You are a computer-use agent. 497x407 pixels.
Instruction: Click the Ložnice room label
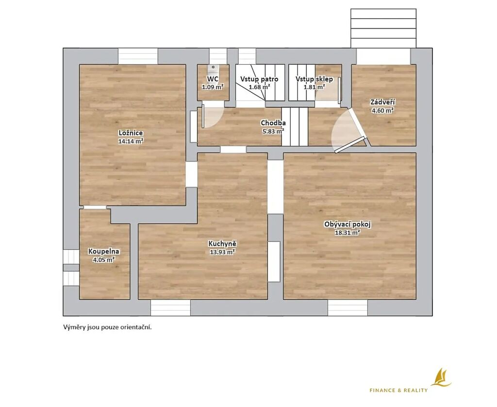pyautogui.click(x=131, y=133)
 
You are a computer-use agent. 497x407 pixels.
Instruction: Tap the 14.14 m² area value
pyautogui.click(x=131, y=141)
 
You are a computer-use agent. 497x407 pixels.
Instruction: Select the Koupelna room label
pyautogui.click(x=104, y=252)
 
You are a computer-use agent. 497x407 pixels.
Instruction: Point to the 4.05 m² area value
pyautogui.click(x=104, y=260)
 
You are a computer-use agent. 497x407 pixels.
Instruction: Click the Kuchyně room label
pyautogui.click(x=222, y=244)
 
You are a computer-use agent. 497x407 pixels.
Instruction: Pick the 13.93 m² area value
pyautogui.click(x=222, y=252)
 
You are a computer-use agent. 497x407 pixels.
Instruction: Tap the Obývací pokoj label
pyautogui.click(x=348, y=224)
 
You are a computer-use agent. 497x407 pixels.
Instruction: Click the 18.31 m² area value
pyautogui.click(x=348, y=233)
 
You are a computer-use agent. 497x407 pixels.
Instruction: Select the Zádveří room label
pyautogui.click(x=382, y=102)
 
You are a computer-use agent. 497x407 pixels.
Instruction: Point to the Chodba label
pyautogui.click(x=273, y=123)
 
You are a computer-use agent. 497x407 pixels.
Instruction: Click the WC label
pyautogui.click(x=213, y=79)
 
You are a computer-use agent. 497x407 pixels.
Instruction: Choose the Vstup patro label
pyautogui.click(x=259, y=79)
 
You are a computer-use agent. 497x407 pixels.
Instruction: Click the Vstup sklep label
pyautogui.click(x=314, y=79)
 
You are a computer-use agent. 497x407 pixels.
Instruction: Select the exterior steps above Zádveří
pyautogui.click(x=383, y=29)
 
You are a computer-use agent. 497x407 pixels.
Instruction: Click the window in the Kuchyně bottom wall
pyautogui.click(x=170, y=308)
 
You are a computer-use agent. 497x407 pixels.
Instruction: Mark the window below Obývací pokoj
pyautogui.click(x=348, y=308)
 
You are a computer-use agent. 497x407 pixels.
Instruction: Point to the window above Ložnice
pyautogui.click(x=138, y=56)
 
